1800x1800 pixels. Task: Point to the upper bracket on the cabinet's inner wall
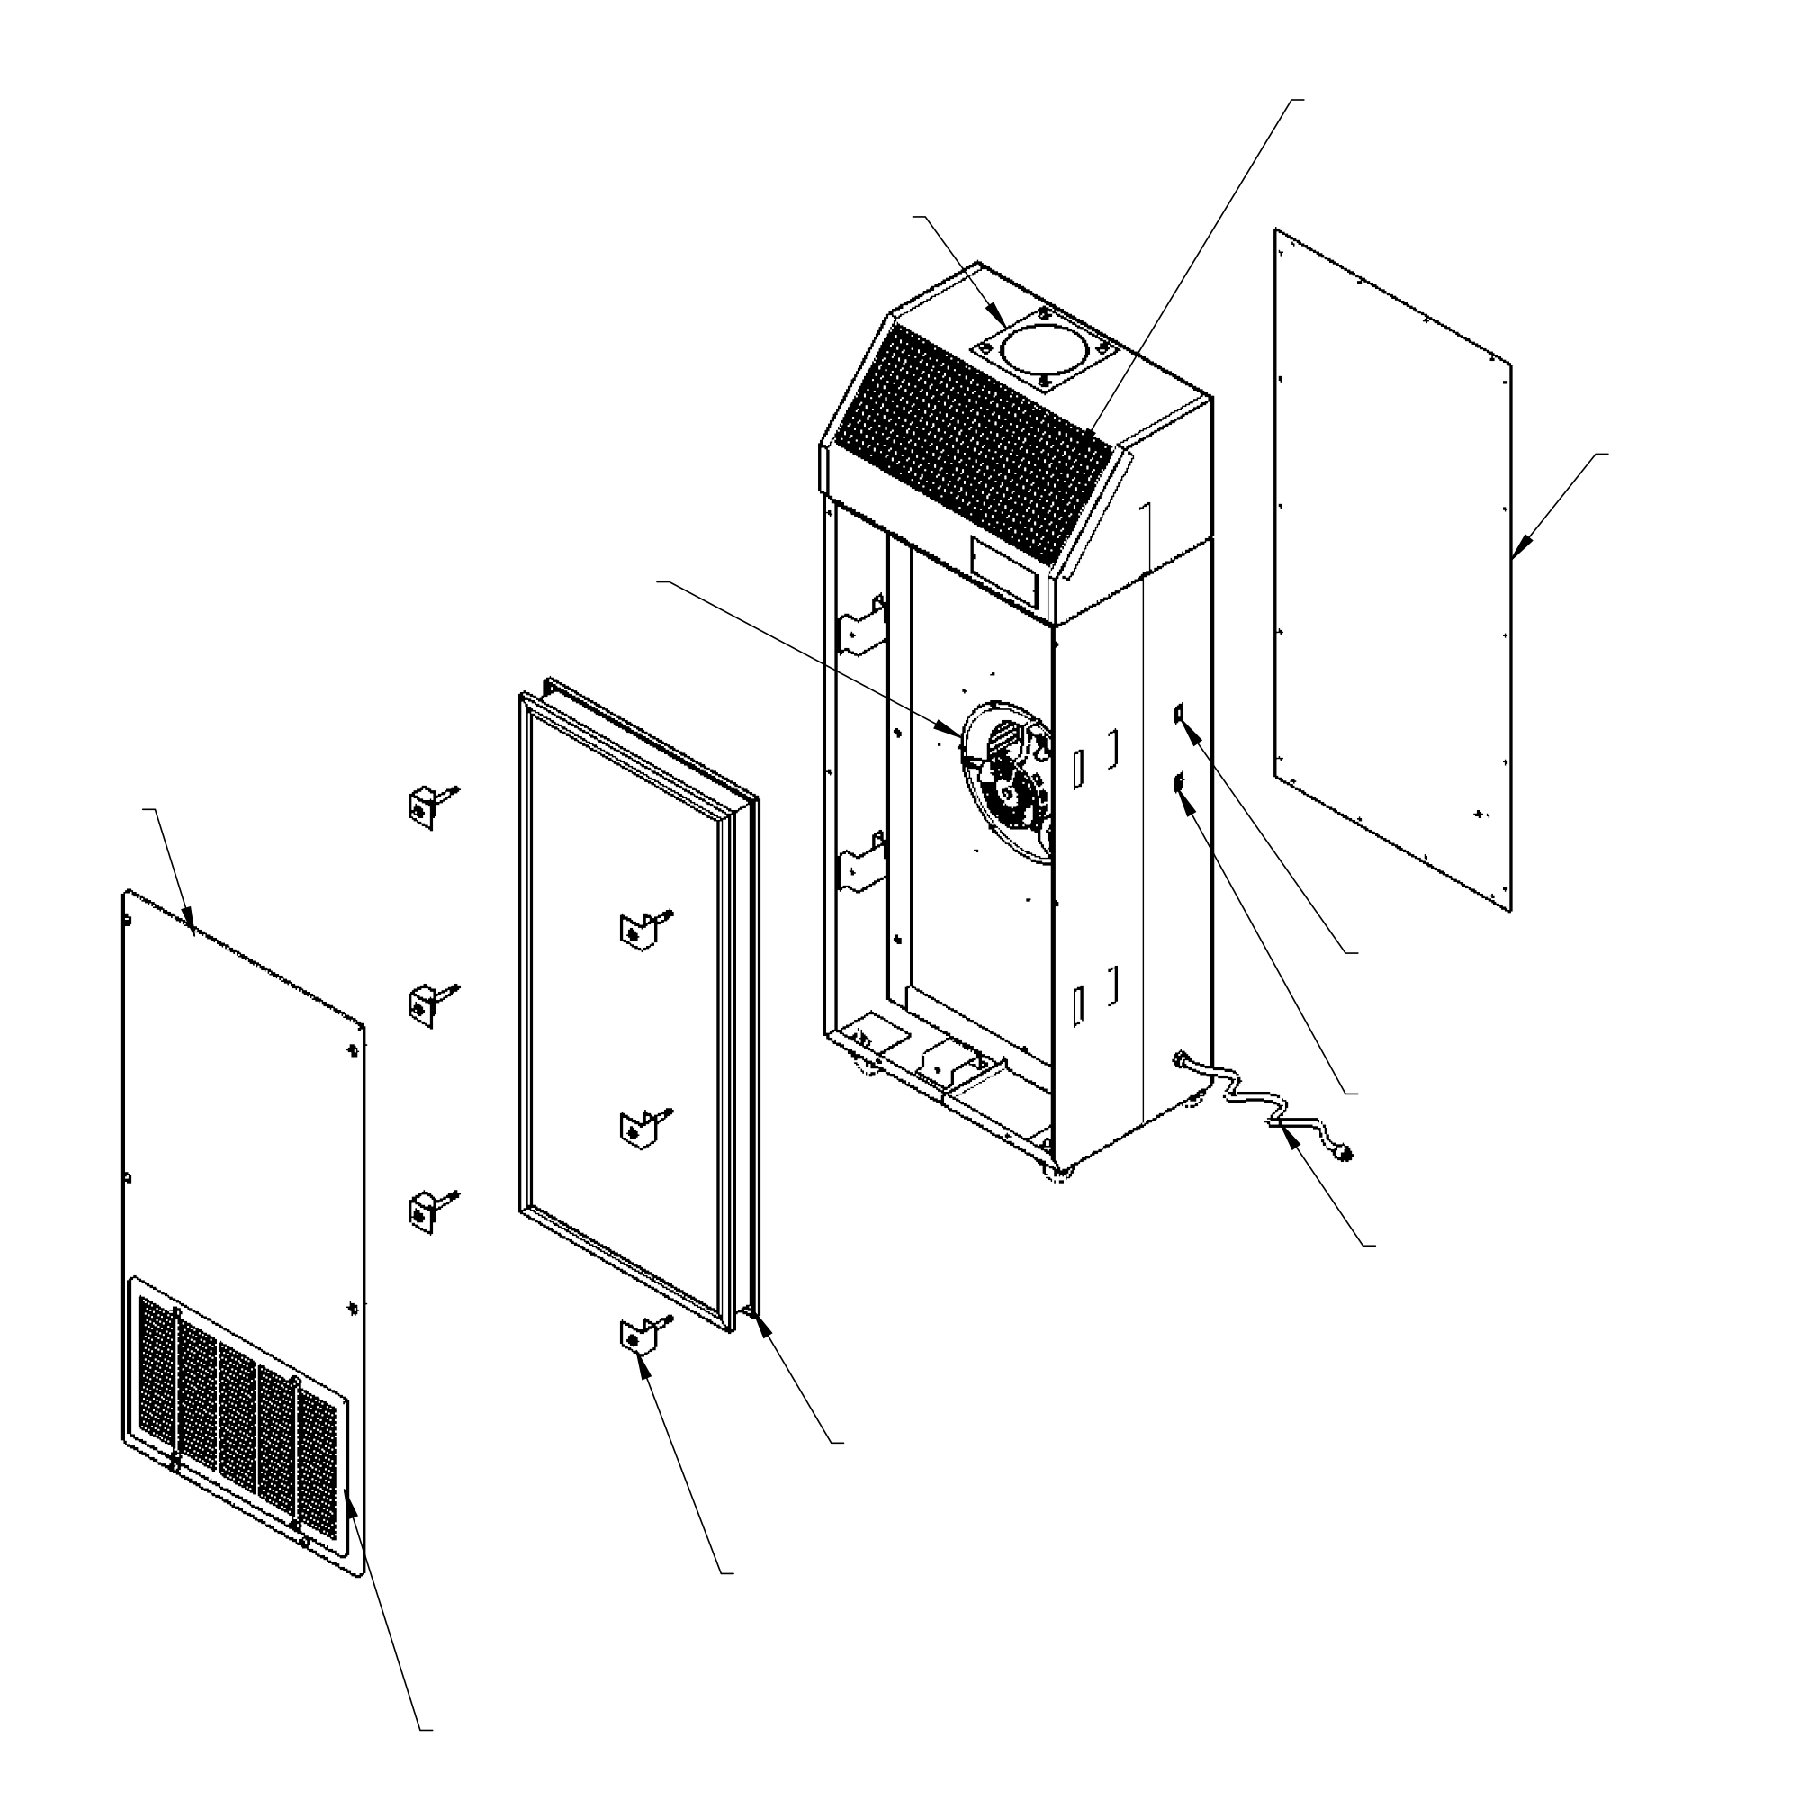(863, 626)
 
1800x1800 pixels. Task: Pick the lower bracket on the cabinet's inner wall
(863, 862)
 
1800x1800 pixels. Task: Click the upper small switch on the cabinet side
(1180, 714)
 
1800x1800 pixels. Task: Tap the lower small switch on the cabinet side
(1180, 784)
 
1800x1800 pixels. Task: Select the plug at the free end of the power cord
(1345, 1154)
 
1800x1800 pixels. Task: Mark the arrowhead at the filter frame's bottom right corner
(764, 1327)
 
